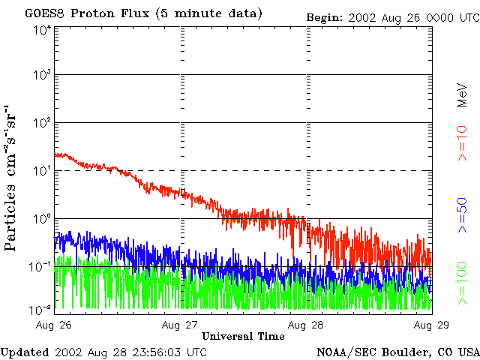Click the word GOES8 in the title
[43, 13]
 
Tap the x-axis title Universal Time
[243, 336]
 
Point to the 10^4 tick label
[41, 30]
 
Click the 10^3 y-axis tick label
[41, 76]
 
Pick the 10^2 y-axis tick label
[41, 123]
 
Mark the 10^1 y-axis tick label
[41, 171]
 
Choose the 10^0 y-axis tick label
[41, 219]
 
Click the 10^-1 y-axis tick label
[40, 267]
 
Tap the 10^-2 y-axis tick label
[40, 309]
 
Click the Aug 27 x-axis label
[180, 325]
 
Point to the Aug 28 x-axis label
[307, 325]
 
